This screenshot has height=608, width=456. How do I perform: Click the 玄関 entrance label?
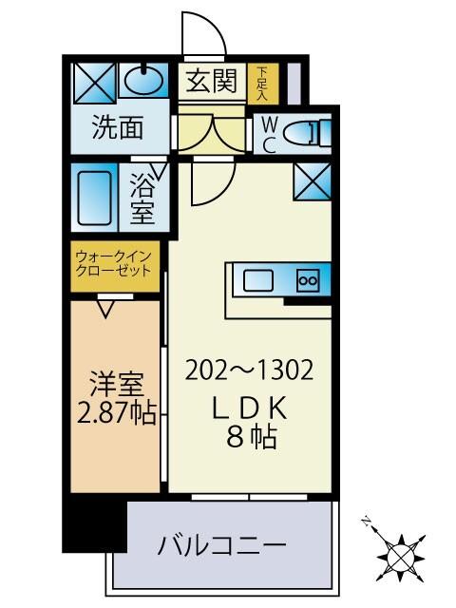(x=211, y=83)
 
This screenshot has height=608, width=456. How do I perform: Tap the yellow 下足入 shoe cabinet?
(x=262, y=83)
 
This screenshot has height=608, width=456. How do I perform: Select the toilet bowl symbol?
(x=307, y=133)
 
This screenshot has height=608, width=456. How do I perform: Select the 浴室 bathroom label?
(x=142, y=198)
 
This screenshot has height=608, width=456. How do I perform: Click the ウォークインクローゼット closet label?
(x=114, y=262)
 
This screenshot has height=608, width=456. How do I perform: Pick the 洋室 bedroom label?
(x=116, y=387)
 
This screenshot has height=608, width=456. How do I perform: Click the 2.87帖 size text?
(x=116, y=415)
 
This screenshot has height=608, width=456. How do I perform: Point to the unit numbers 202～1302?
(x=250, y=368)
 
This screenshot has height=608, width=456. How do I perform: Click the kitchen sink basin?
(x=257, y=280)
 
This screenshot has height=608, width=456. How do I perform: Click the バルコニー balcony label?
(x=221, y=546)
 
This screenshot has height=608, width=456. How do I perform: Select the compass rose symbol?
(x=398, y=553)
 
